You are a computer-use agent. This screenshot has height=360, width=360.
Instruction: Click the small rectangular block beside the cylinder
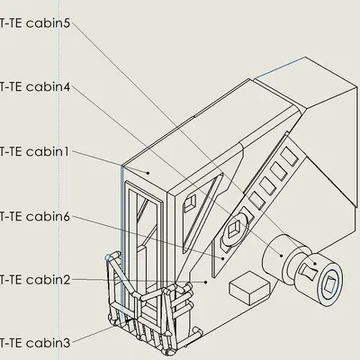pos(249,289)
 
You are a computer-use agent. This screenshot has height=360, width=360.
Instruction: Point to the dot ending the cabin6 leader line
pos(223,256)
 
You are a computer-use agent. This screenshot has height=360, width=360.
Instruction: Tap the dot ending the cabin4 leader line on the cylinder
pos(282,256)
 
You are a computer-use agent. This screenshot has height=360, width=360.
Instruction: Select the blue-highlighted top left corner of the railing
pos(108,257)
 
